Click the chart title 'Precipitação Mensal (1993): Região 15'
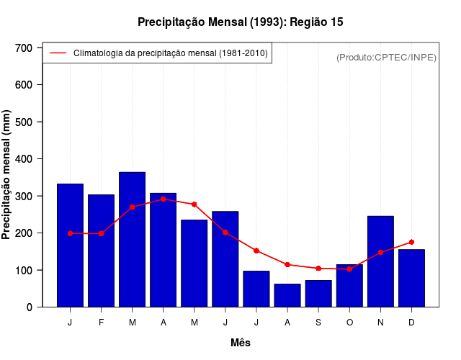point(240,22)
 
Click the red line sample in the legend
point(58,53)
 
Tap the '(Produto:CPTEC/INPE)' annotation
point(386,57)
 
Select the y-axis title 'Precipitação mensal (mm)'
point(7,175)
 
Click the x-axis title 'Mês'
point(241,343)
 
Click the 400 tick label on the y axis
point(24,159)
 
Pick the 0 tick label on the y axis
point(30,307)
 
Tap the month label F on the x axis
point(101,323)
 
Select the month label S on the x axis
point(318,323)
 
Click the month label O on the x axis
point(349,323)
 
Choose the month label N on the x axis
point(380,323)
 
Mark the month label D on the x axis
point(411,323)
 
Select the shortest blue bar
point(287,295)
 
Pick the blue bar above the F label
point(101,251)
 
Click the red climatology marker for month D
point(411,242)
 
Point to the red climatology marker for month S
point(318,268)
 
